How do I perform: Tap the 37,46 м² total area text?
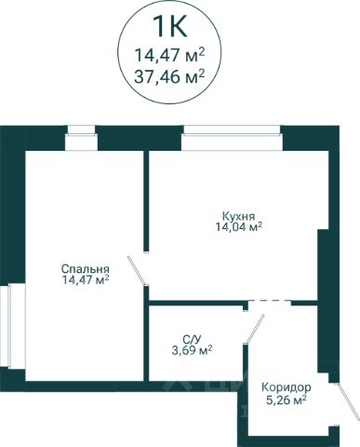pyautogui.click(x=169, y=76)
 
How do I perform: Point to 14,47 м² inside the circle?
pyautogui.click(x=169, y=56)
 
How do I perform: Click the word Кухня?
pyautogui.click(x=239, y=216)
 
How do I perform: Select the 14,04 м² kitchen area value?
pyautogui.click(x=239, y=227)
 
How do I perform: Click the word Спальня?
pyautogui.click(x=86, y=268)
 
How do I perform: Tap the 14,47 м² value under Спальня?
pyautogui.click(x=86, y=279)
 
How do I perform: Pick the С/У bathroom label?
pyautogui.click(x=192, y=340)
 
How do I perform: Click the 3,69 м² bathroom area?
pyautogui.click(x=192, y=350)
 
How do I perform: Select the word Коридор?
pyautogui.click(x=287, y=387)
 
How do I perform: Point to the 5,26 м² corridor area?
pyautogui.click(x=287, y=400)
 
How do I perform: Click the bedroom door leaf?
pyautogui.click(x=137, y=270)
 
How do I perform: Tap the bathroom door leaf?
pyautogui.click(x=255, y=330)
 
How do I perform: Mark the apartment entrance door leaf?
pyautogui.click(x=348, y=402)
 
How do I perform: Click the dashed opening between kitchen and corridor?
pyautogui.click(x=270, y=301)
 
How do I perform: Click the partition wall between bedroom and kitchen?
pyautogui.click(x=146, y=201)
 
